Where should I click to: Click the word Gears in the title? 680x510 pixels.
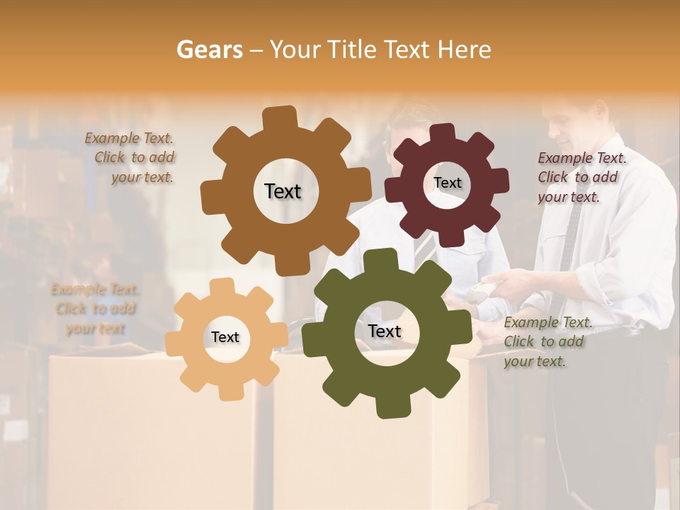[x=209, y=50]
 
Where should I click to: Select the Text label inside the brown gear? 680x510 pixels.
[x=283, y=191]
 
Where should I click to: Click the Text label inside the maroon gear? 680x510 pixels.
[x=447, y=183]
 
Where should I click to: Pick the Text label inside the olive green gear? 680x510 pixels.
[x=385, y=331]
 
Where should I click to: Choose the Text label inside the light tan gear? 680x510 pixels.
[x=225, y=338]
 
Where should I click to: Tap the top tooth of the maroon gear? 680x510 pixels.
[x=442, y=132]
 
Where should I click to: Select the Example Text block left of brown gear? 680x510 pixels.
[x=132, y=158]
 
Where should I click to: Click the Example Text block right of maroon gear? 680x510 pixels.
[x=581, y=177]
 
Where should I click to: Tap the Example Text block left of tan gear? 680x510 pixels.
[x=95, y=309]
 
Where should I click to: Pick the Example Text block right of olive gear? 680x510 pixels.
[x=547, y=341]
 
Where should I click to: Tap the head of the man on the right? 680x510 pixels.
[x=577, y=117]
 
